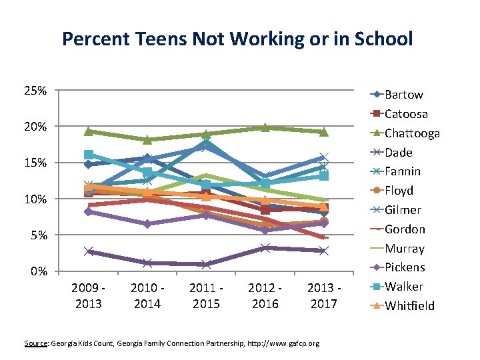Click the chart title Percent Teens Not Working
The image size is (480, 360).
click(x=237, y=38)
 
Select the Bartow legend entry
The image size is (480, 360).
click(x=403, y=95)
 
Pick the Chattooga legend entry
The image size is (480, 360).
click(x=412, y=133)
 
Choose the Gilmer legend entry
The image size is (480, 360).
click(x=403, y=210)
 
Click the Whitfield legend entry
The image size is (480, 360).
click(x=409, y=306)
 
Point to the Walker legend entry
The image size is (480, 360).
click(x=403, y=287)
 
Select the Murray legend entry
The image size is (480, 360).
click(x=404, y=249)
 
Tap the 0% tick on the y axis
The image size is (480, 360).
click(x=39, y=271)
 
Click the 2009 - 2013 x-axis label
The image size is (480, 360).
click(x=89, y=295)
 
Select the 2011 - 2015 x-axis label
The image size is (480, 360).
click(x=206, y=295)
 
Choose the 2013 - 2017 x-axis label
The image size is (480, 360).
click(x=323, y=295)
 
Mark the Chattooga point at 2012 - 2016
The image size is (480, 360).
click(x=265, y=127)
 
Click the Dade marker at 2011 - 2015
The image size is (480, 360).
click(x=206, y=265)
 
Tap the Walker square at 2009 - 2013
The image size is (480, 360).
click(x=89, y=155)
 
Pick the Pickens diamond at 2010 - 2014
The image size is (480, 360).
click(x=147, y=224)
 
